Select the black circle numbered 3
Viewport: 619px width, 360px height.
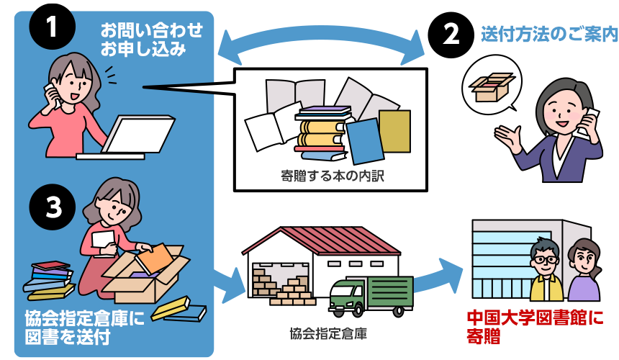[53, 207]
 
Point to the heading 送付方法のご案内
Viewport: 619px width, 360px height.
[549, 34]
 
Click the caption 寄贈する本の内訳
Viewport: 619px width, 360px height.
[333, 176]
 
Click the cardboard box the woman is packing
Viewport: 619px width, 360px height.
[144, 277]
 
